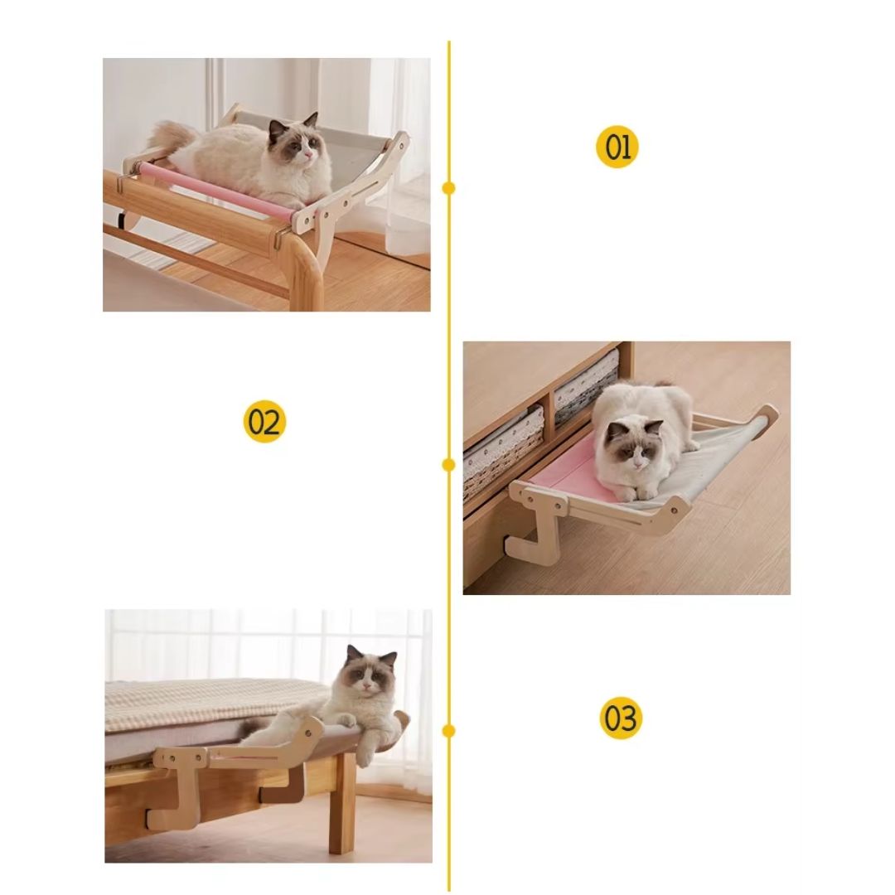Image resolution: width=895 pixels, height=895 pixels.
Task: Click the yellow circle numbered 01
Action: point(617,147)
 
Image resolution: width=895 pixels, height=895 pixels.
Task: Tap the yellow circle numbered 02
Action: point(264,421)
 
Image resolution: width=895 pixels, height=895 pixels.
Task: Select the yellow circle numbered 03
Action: point(621,718)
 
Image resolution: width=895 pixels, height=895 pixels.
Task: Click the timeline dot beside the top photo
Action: point(448,188)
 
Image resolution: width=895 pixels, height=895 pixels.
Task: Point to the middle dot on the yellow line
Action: point(448,465)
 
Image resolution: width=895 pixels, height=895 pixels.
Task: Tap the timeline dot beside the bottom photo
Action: point(448,731)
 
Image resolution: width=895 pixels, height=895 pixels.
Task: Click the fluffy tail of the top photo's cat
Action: point(171,137)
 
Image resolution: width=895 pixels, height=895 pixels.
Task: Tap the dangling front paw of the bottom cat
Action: point(365,748)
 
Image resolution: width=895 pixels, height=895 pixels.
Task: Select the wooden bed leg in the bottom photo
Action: point(342,804)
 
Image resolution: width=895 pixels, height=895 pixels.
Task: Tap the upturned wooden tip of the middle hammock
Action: point(767,414)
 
